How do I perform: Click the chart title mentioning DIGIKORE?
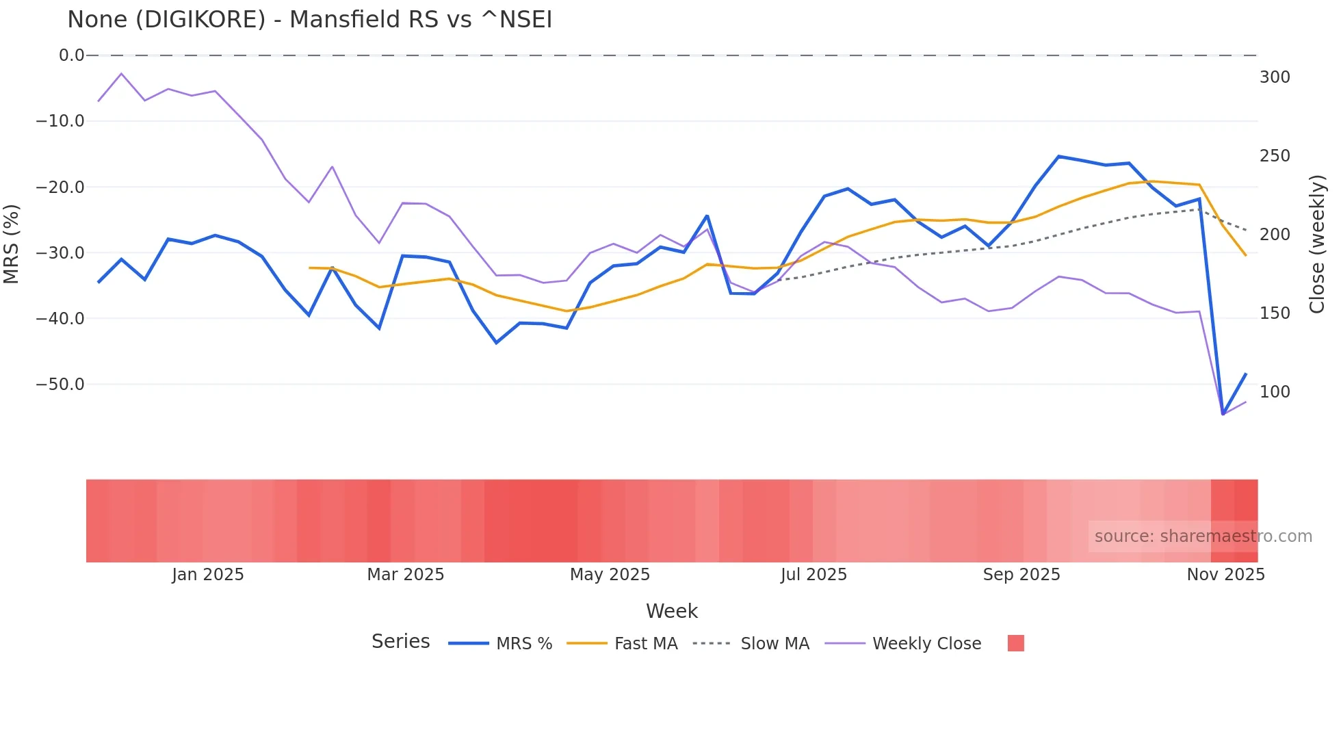point(309,20)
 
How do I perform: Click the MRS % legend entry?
point(523,644)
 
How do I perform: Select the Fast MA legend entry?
point(645,644)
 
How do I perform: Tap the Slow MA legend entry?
point(774,644)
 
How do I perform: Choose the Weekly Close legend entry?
point(926,644)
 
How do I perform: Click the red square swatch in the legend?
point(1015,643)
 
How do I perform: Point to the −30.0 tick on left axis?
point(60,253)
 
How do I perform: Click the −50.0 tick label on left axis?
point(60,385)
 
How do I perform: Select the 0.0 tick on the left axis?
point(71,55)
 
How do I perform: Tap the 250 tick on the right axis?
point(1275,156)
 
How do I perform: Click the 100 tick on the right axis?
point(1275,392)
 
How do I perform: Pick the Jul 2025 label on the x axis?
point(813,575)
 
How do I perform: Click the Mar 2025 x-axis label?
point(406,575)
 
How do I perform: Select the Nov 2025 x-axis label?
point(1225,575)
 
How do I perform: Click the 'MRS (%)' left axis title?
point(12,244)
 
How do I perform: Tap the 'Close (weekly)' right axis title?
point(1317,244)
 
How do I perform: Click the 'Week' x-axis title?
point(671,611)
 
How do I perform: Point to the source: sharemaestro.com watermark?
point(1203,536)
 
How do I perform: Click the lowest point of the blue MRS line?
point(1223,414)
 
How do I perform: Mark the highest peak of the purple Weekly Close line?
point(121,73)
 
